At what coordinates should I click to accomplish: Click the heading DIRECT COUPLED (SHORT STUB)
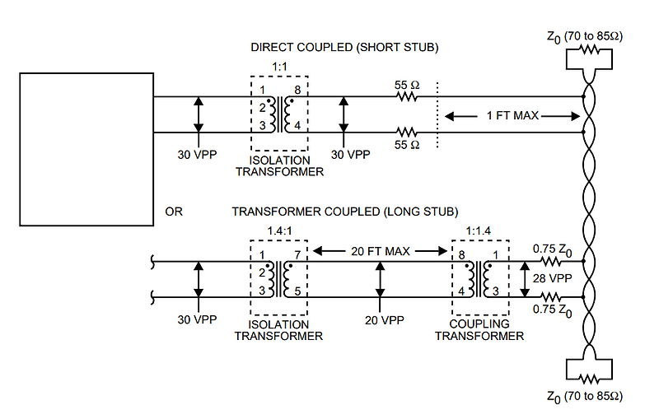[344, 48]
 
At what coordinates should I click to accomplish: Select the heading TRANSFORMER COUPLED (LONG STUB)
[344, 212]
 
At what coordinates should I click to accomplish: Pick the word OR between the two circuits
[174, 212]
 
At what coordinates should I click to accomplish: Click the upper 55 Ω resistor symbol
[405, 96]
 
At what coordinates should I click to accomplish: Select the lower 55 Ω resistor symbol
[405, 132]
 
